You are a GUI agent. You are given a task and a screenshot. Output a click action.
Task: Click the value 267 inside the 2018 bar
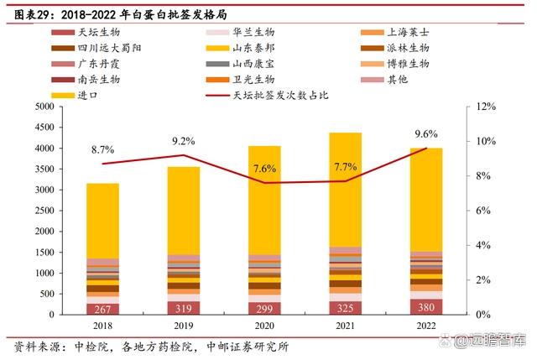pyautogui.click(x=102, y=308)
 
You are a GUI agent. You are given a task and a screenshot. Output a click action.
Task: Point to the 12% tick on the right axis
pyautogui.click(x=486, y=107)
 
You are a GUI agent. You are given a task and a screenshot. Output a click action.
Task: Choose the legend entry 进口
pyautogui.click(x=88, y=96)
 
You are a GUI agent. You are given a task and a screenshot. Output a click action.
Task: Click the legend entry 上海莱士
pyautogui.click(x=409, y=33)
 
